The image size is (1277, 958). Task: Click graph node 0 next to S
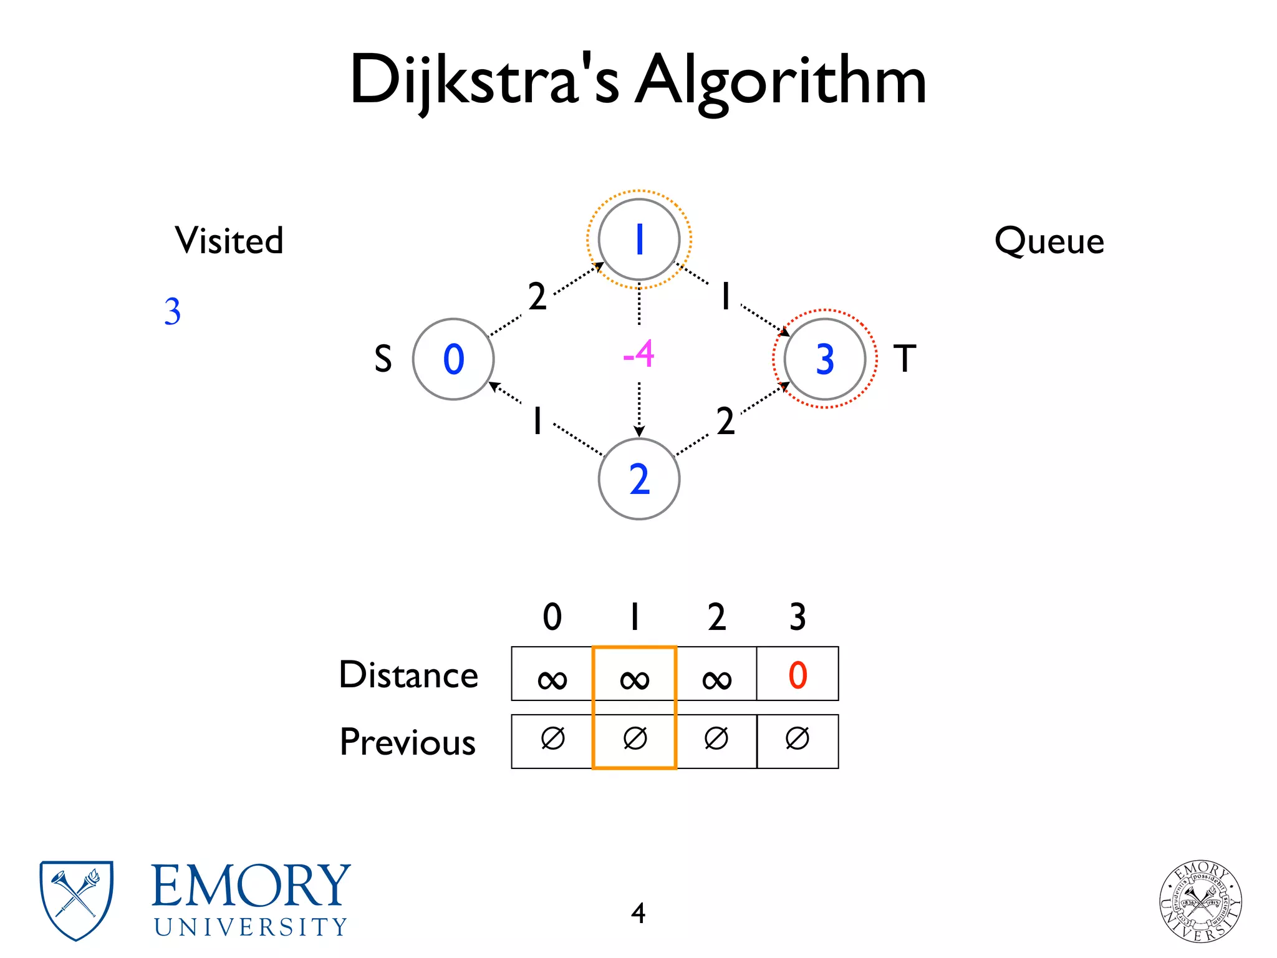pyautogui.click(x=453, y=359)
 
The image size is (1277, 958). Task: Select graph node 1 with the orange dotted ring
pyautogui.click(x=638, y=239)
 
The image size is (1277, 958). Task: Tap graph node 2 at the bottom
pyautogui.click(x=638, y=479)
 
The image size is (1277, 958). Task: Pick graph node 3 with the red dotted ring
pyautogui.click(x=824, y=359)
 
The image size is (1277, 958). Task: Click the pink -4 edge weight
pyautogui.click(x=638, y=354)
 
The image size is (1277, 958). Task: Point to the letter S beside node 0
pyautogui.click(x=383, y=359)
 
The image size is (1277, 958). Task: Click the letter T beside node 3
pyautogui.click(x=905, y=359)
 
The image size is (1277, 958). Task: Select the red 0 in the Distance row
pyautogui.click(x=798, y=675)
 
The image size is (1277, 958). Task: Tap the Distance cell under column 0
pyautogui.click(x=552, y=675)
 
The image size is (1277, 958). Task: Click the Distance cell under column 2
pyautogui.click(x=716, y=675)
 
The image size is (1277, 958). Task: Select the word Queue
pyautogui.click(x=1049, y=241)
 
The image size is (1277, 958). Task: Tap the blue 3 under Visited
pyautogui.click(x=173, y=311)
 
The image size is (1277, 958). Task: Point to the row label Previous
pyautogui.click(x=408, y=742)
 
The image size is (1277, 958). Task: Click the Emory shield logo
pyautogui.click(x=76, y=899)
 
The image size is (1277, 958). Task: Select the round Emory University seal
pyautogui.click(x=1200, y=901)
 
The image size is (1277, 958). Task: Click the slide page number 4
pyautogui.click(x=638, y=913)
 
